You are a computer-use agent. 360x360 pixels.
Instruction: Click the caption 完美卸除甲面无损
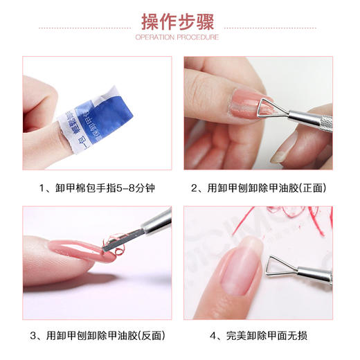257,337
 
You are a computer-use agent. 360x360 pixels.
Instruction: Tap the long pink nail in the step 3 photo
76,249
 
